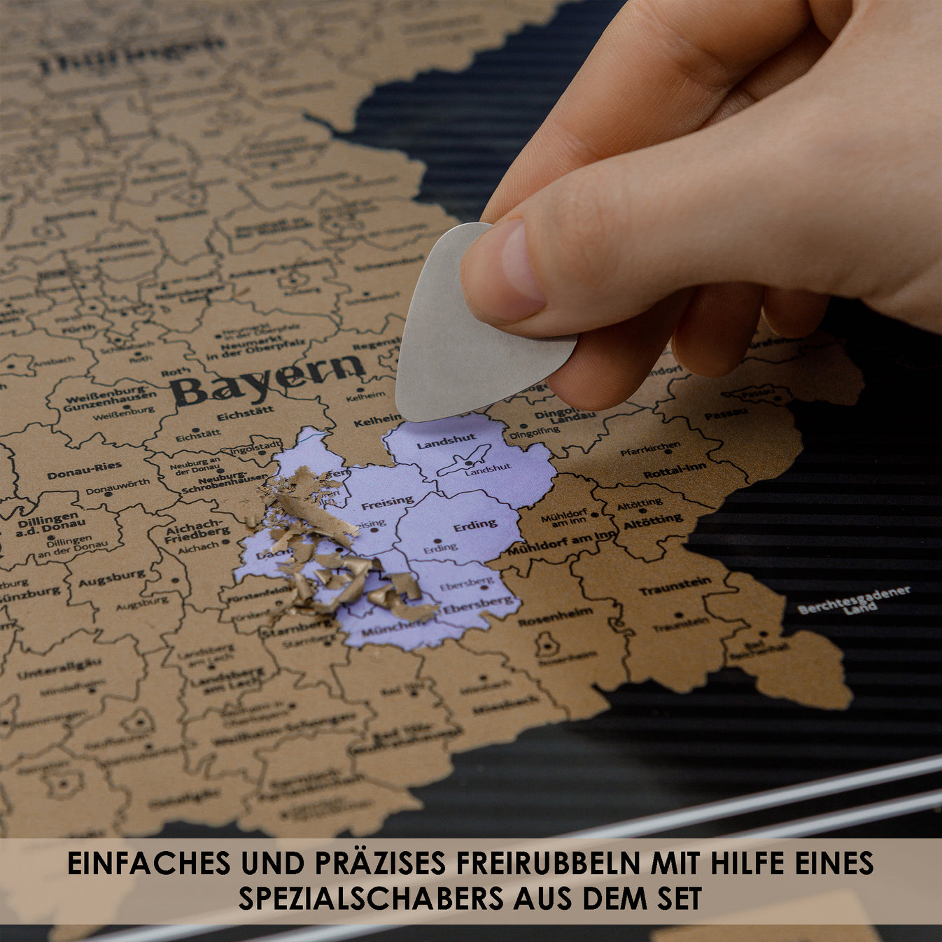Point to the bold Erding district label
pyautogui.click(x=475, y=525)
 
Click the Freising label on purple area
pyautogui.click(x=387, y=502)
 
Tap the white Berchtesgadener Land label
pyautogui.click(x=855, y=601)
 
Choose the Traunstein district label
pyautogui.click(x=675, y=586)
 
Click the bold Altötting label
pyautogui.click(x=653, y=522)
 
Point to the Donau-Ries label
pyautogui.click(x=84, y=470)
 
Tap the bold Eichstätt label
pyautogui.click(x=245, y=415)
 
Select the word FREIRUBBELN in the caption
pyautogui.click(x=548, y=863)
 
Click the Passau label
pyautogui.click(x=726, y=414)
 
